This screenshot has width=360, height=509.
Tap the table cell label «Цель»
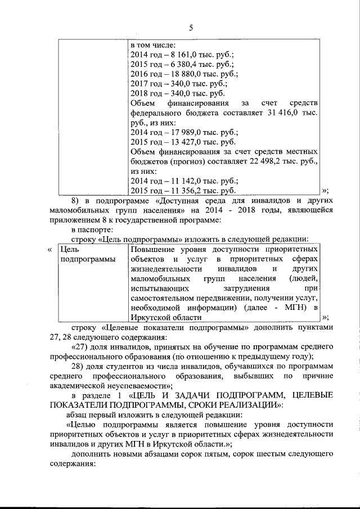pos(68,249)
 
